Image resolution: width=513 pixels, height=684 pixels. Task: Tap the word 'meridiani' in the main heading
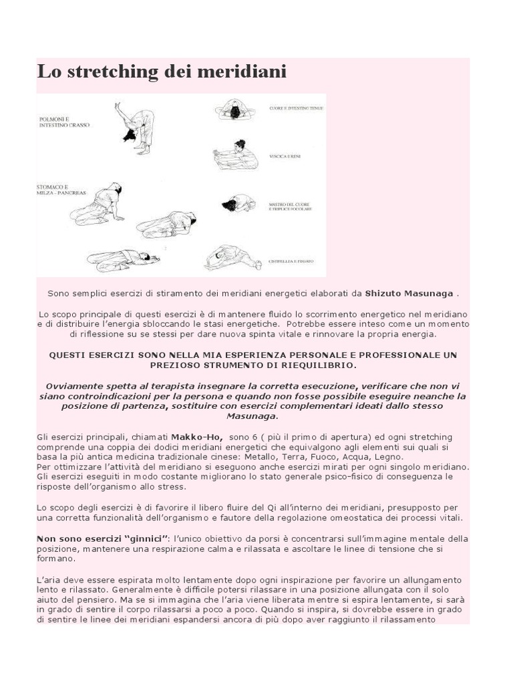242,72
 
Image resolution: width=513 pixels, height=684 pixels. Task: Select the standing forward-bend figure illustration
136,125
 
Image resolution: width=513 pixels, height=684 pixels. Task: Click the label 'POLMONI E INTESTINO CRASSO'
63,121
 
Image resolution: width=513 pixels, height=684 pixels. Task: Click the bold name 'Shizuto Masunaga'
409,293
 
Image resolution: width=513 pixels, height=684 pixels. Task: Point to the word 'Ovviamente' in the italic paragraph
73,386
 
